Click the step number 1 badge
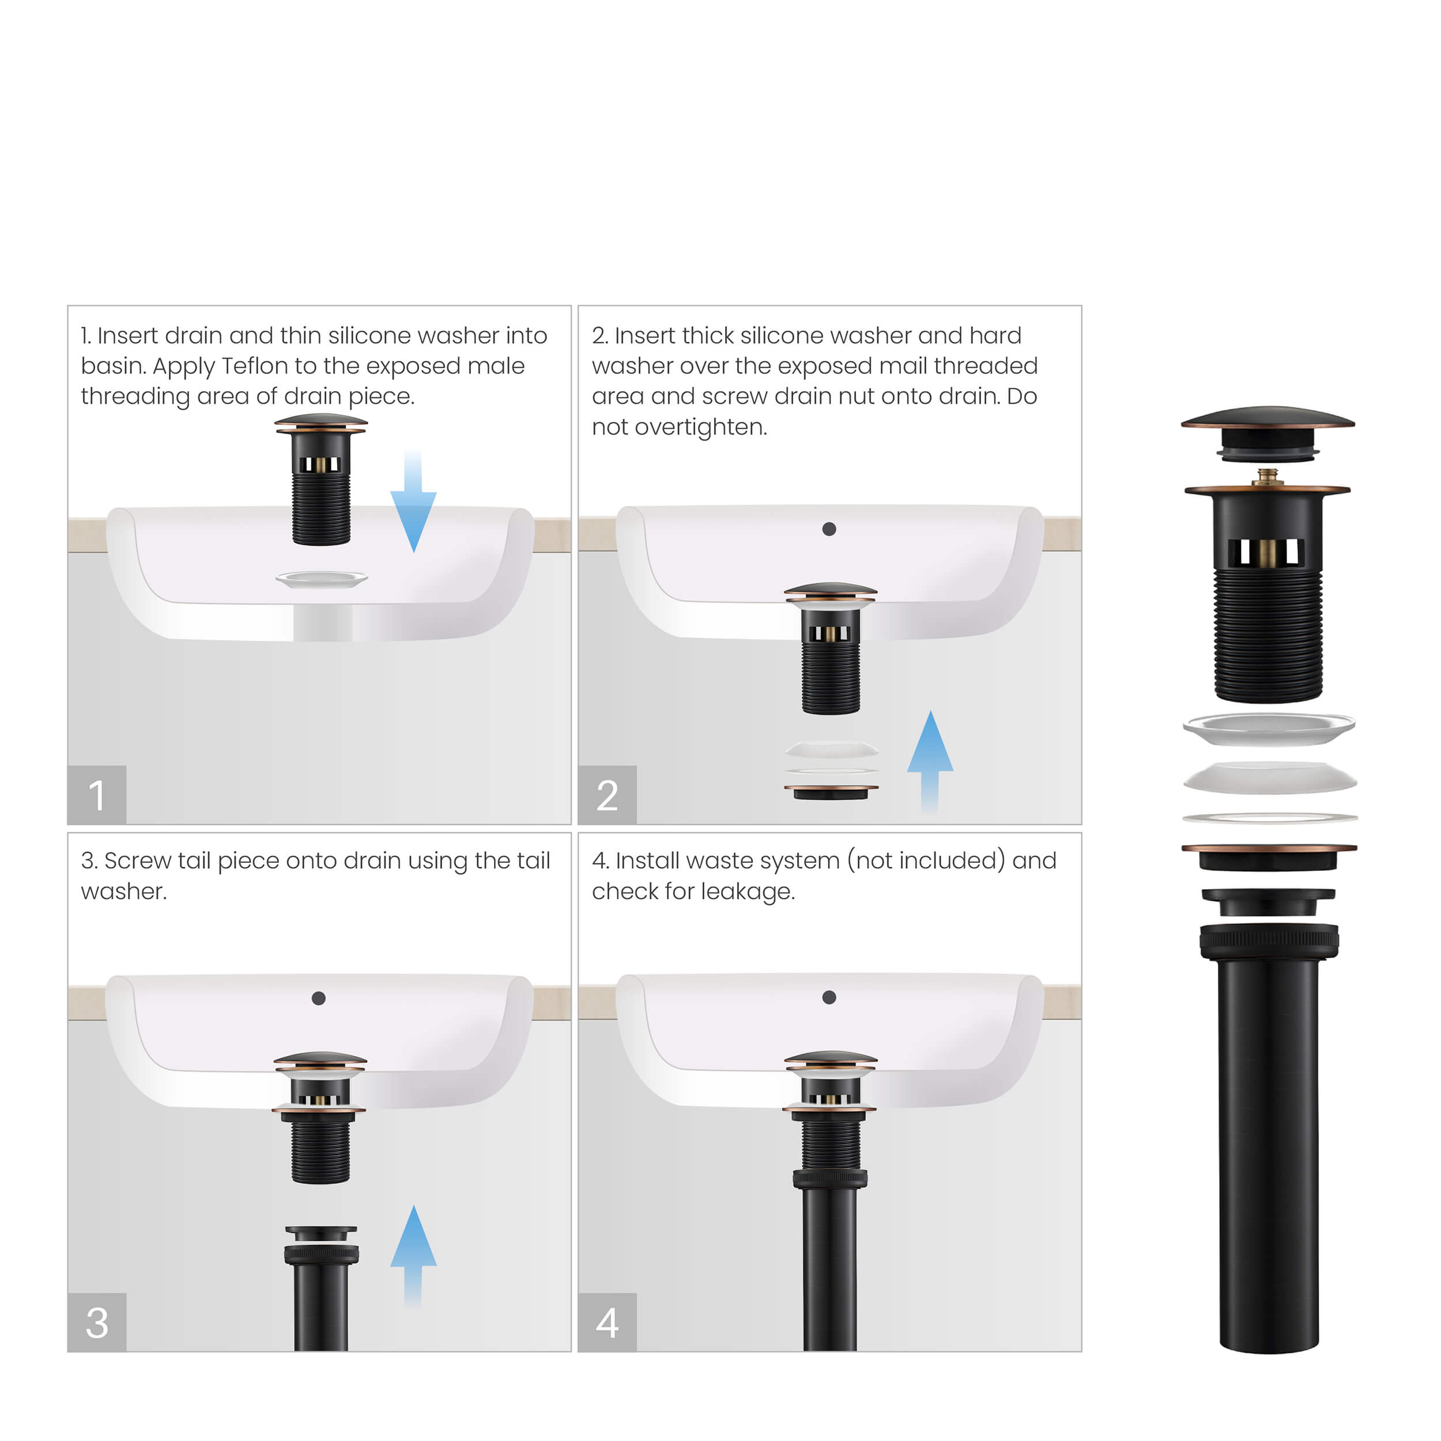pos(97,794)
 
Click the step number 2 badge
pos(607,794)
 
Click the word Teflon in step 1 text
pos(255,366)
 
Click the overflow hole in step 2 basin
pos(829,529)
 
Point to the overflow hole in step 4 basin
pos(829,997)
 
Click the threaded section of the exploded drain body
pos(1268,634)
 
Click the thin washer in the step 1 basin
pos(322,578)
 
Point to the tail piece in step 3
pos(320,1291)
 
